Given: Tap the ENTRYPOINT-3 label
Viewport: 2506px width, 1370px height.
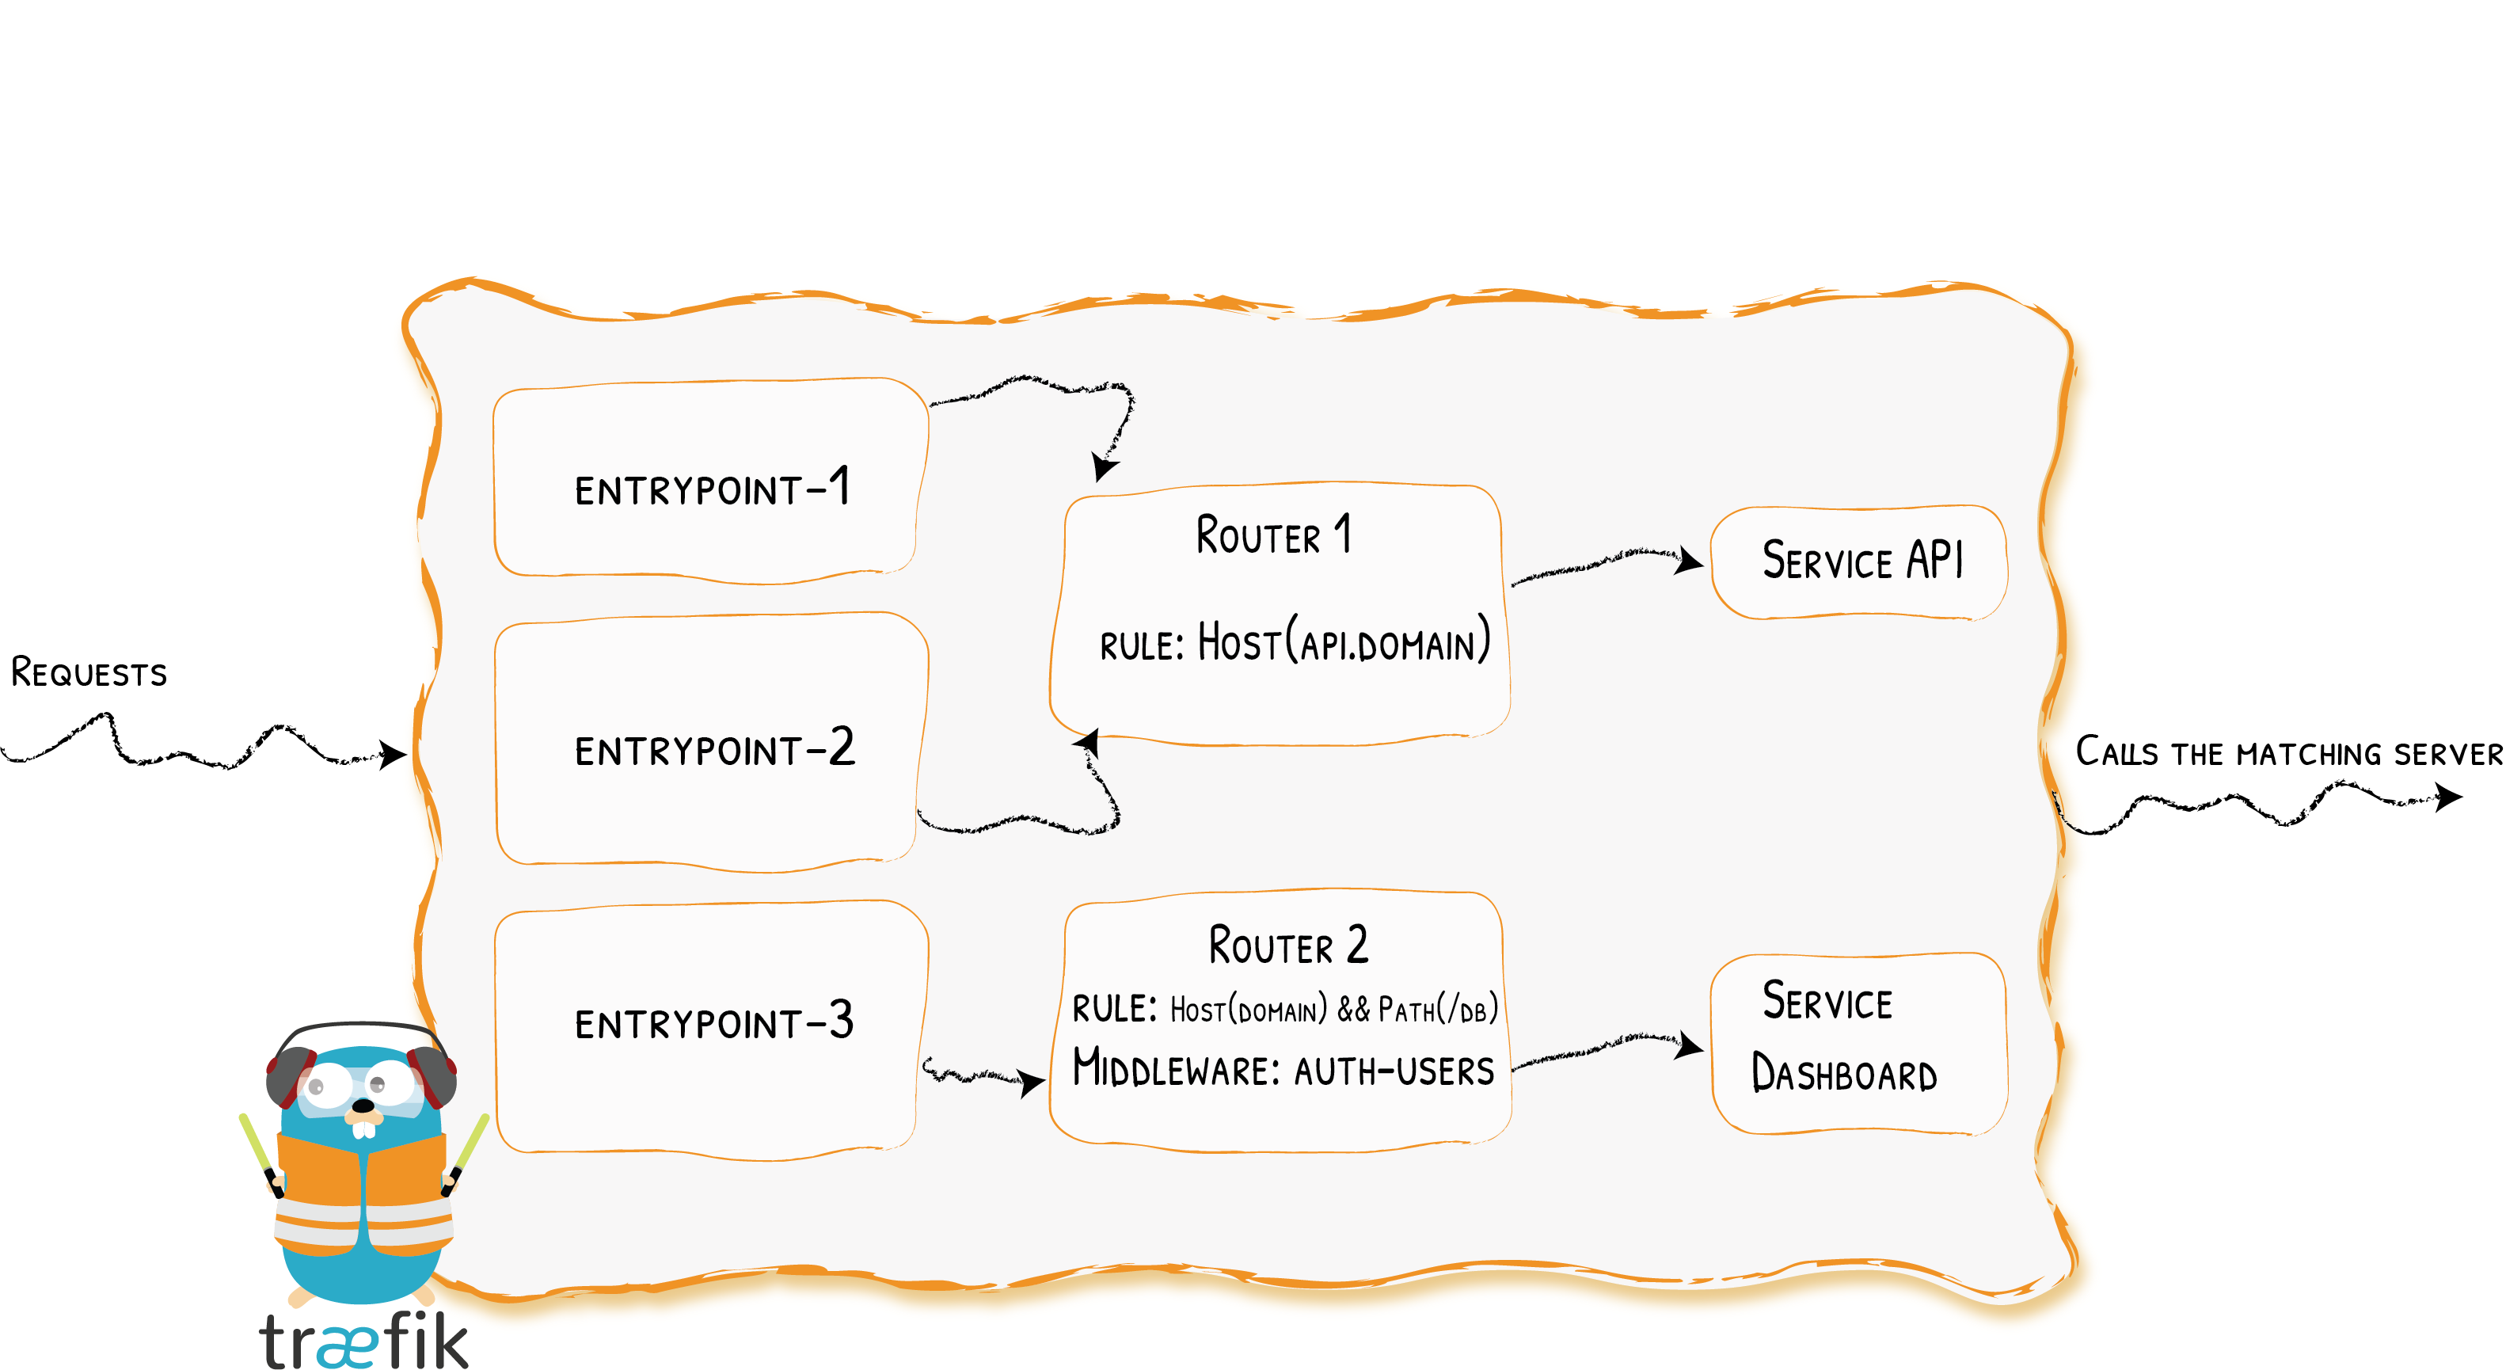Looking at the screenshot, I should [x=714, y=1022].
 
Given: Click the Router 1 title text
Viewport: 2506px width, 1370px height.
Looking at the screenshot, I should [x=1272, y=535].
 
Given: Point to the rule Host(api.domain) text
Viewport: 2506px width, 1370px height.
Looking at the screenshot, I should [x=1294, y=642].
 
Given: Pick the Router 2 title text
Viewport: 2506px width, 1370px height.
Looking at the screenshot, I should [x=1287, y=946].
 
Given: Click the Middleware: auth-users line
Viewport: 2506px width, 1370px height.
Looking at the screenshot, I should [x=1282, y=1068].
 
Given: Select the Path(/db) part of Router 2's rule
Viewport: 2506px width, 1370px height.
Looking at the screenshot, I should [x=1437, y=1009].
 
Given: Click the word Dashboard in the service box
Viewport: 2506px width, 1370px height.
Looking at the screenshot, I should [x=1843, y=1074].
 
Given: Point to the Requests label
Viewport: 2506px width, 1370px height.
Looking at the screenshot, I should [x=89, y=672].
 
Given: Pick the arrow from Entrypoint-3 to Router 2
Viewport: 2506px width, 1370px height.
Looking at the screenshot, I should [x=983, y=1075].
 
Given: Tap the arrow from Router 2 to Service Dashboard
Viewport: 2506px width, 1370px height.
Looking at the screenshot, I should [x=1605, y=1050].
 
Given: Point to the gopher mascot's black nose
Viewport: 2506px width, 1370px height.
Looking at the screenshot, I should [x=362, y=1106].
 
